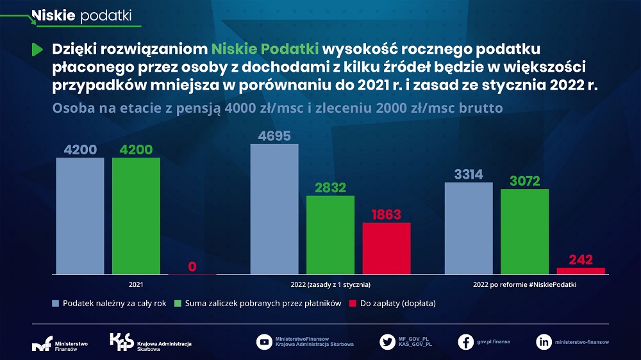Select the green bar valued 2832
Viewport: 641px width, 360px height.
(330, 234)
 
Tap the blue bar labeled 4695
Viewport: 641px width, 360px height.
(274, 209)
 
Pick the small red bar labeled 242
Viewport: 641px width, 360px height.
(581, 271)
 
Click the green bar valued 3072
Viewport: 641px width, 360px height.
(524, 231)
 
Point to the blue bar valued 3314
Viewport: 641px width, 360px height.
(469, 228)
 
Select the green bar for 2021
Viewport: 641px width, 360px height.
(136, 216)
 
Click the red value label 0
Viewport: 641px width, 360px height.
(192, 266)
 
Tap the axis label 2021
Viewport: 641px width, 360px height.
(136, 284)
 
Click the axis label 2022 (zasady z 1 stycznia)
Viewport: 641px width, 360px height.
(330, 284)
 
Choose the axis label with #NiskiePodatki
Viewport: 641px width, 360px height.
(524, 284)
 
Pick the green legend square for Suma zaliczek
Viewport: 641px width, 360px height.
(179, 303)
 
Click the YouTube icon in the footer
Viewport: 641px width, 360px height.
(264, 342)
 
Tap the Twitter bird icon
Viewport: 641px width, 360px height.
(387, 342)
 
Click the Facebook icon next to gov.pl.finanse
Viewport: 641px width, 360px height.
(466, 342)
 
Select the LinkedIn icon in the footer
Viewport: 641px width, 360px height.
(544, 342)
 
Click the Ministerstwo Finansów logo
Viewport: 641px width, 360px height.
(60, 342)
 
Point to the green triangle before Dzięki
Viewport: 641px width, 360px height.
(37, 49)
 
